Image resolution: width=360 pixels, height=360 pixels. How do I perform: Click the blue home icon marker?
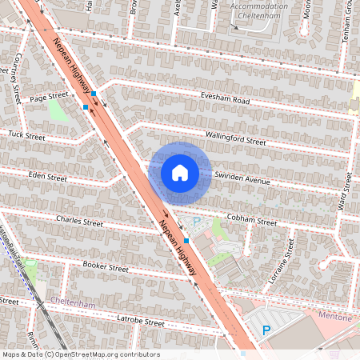coord(180,173)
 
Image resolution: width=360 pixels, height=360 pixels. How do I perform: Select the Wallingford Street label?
coord(235,138)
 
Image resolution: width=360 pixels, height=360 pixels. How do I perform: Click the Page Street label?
coord(49,96)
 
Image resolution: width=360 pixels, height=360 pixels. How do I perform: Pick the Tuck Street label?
coord(28,134)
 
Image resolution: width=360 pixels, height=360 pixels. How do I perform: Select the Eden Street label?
coord(47,176)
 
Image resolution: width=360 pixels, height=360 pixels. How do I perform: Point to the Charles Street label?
coord(79,220)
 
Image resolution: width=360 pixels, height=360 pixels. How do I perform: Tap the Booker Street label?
coord(106,267)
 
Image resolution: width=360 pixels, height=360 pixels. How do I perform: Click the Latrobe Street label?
coord(140,322)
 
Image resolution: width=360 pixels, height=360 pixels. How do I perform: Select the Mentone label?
coord(334,317)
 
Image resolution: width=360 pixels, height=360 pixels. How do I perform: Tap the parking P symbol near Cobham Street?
coord(197,221)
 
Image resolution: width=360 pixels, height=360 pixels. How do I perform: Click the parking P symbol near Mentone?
coord(266,330)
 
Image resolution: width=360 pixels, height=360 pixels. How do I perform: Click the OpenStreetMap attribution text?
coord(80,354)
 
